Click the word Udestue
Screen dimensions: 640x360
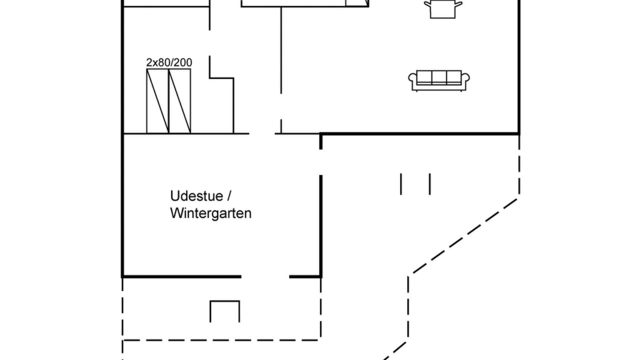click(x=196, y=196)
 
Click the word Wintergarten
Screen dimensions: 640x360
click(x=211, y=213)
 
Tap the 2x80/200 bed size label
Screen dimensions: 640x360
click(x=169, y=62)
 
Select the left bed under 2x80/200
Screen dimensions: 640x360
click(x=157, y=101)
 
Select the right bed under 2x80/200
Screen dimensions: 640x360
click(x=179, y=101)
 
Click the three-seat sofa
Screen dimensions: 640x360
click(x=439, y=81)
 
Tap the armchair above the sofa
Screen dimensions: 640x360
click(x=443, y=9)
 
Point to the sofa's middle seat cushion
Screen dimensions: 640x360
click(x=439, y=77)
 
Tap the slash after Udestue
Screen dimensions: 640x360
click(x=229, y=196)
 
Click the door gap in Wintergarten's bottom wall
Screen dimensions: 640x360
click(x=265, y=276)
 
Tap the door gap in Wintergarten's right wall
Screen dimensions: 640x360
click(x=321, y=162)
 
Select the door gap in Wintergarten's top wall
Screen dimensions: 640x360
click(x=262, y=133)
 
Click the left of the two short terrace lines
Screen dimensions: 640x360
click(x=401, y=184)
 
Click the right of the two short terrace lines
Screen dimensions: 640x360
click(x=429, y=184)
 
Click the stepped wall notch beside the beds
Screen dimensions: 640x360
click(x=221, y=77)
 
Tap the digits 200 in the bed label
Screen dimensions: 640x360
click(x=183, y=62)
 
